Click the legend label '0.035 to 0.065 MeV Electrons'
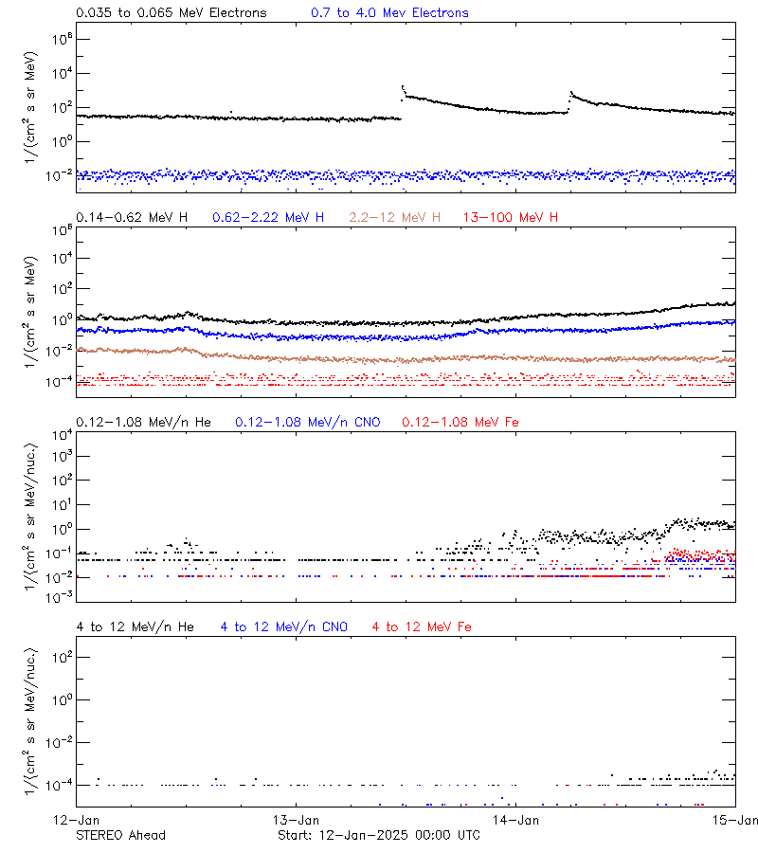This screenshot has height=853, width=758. click(171, 13)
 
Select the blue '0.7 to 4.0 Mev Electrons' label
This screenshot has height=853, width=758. click(389, 13)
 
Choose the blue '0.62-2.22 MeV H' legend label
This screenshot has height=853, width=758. click(268, 218)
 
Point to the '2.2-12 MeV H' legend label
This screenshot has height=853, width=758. click(395, 218)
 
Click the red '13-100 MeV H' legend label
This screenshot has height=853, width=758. click(511, 218)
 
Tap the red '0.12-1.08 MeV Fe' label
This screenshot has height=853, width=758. click(460, 422)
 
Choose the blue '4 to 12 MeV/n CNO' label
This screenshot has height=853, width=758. click(283, 626)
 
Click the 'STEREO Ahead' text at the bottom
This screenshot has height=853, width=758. click(120, 835)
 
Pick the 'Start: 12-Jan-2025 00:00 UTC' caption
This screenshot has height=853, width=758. click(378, 835)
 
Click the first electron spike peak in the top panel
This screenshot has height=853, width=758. click(403, 86)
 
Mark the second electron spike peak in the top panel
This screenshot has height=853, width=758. click(571, 92)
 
